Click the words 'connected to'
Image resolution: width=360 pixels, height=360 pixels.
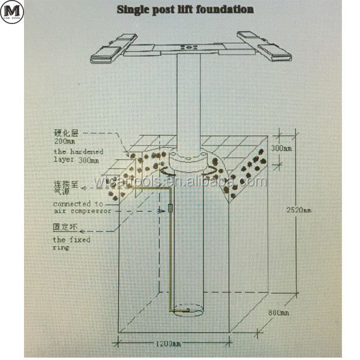point(78,204)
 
